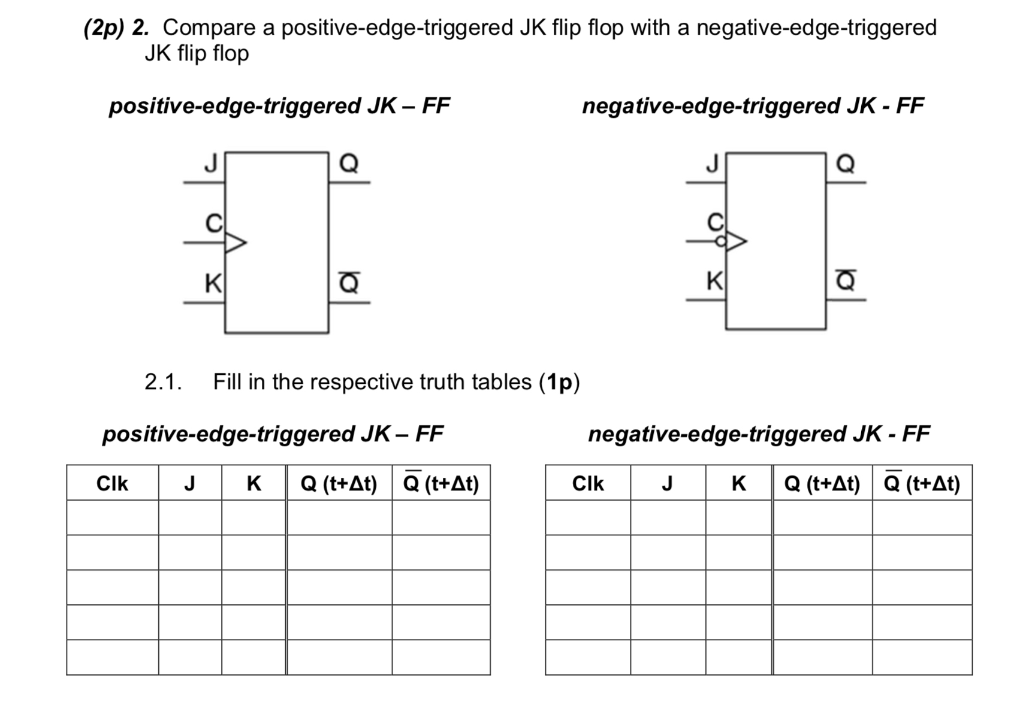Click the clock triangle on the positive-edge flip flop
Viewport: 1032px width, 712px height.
[234, 243]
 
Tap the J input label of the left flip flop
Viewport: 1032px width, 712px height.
[210, 163]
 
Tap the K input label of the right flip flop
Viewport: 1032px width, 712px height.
[714, 281]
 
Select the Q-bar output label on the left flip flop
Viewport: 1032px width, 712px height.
[349, 282]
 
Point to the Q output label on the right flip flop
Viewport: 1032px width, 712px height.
[845, 163]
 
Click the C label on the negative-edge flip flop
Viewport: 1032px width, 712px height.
[715, 223]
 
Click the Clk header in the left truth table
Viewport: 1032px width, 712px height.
[112, 483]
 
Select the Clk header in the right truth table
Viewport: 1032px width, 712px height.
[588, 483]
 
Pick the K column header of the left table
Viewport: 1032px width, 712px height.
[254, 483]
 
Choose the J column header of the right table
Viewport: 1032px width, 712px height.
[667, 483]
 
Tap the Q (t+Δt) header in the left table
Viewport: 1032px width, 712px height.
[339, 483]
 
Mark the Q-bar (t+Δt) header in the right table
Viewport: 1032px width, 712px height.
[922, 483]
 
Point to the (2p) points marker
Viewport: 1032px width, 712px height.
[103, 28]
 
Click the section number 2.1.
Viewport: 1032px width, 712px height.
[163, 381]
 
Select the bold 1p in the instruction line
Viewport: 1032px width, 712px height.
[559, 381]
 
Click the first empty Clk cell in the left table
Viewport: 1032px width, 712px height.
[112, 517]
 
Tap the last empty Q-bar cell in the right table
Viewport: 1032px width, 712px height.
[922, 658]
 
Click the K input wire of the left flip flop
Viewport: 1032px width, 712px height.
[204, 303]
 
